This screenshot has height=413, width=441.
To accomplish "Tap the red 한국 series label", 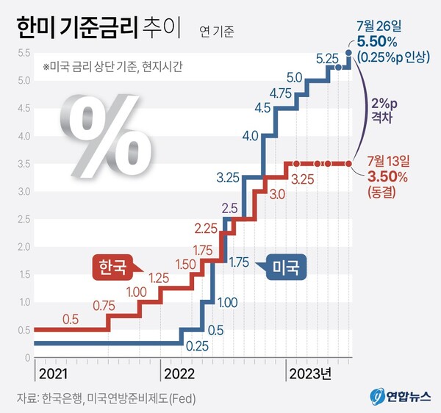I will click(x=112, y=267).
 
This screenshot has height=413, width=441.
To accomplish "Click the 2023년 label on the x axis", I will click(x=309, y=373).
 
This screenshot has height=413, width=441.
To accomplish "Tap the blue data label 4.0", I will click(x=249, y=135).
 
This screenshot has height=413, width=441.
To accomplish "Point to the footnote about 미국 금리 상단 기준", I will click(x=112, y=66).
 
